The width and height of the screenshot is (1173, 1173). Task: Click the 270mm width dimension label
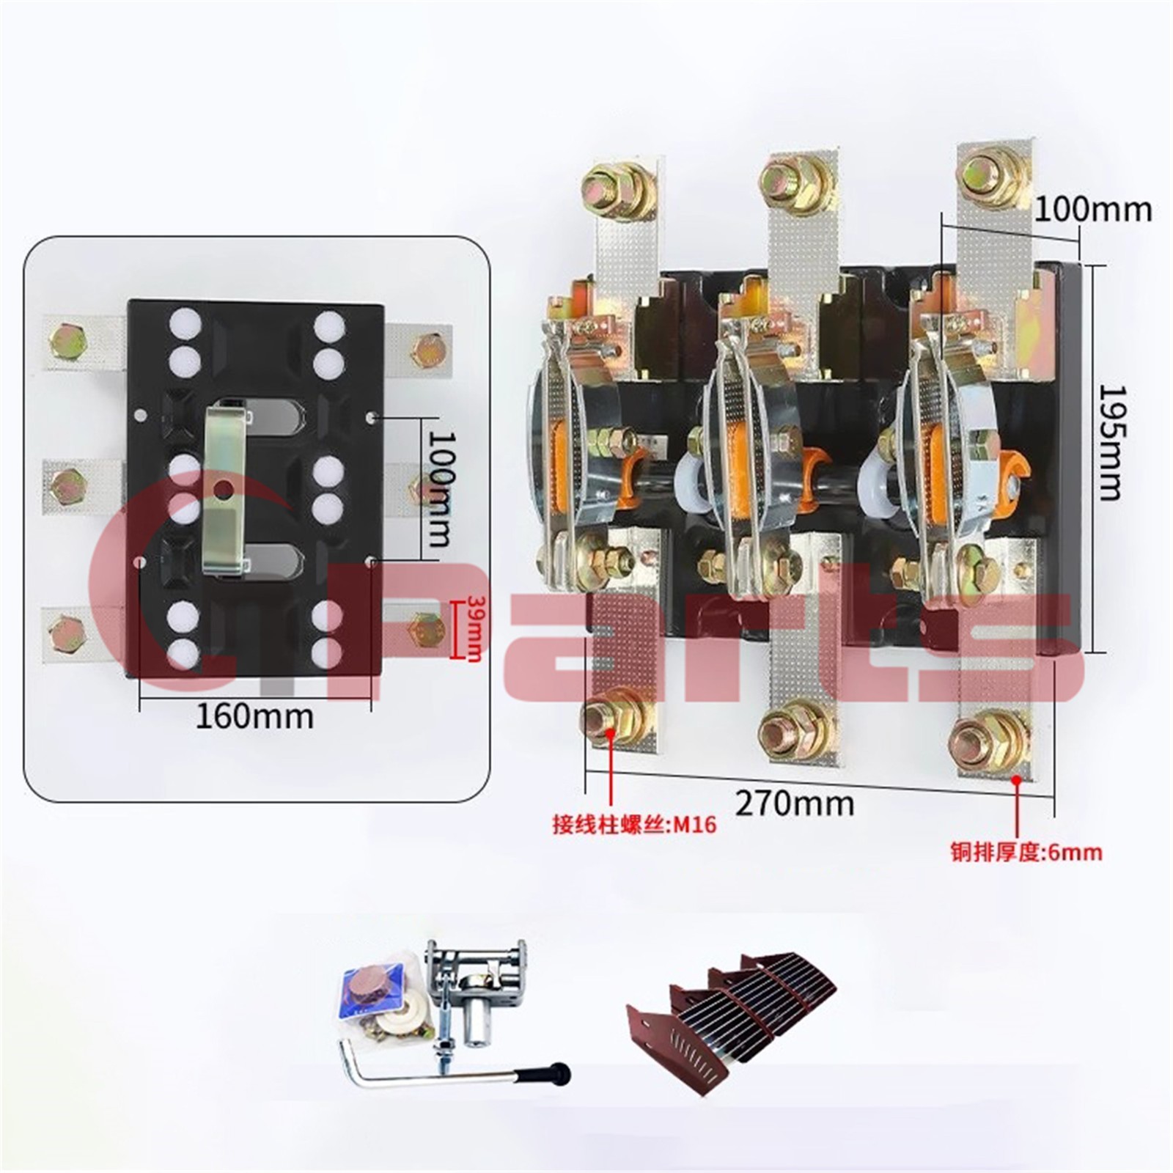tap(795, 804)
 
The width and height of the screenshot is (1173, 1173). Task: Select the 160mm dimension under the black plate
tap(254, 716)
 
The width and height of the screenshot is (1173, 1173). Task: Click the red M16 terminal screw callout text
tap(634, 825)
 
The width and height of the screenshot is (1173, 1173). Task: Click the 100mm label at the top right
tap(1093, 210)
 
